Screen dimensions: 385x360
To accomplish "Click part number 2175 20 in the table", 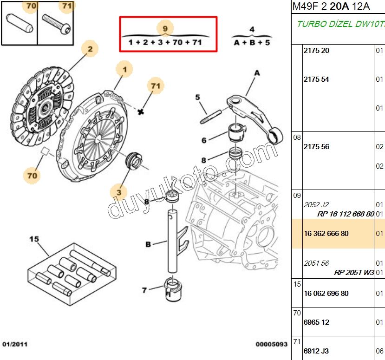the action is click(x=316, y=51).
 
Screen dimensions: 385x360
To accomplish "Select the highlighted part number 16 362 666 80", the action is click(x=326, y=233).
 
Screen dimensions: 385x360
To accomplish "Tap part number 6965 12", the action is click(x=316, y=322).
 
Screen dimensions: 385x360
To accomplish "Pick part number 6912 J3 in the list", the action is click(x=316, y=351).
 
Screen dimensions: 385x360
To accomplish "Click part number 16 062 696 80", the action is click(x=326, y=293).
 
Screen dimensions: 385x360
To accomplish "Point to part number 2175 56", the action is click(x=316, y=147).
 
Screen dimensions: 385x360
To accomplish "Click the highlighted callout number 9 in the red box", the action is click(x=165, y=28).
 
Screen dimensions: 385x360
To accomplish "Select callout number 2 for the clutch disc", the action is click(x=90, y=49).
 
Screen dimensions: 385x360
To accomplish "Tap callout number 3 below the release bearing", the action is click(x=119, y=192).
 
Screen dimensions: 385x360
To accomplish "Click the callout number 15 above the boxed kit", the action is click(x=34, y=239).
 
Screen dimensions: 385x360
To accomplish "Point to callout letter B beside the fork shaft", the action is click(x=148, y=244).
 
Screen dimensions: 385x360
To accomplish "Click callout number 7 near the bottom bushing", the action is click(x=144, y=290).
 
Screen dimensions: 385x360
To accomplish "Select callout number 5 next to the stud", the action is click(x=198, y=97).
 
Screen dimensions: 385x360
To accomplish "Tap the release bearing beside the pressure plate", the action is click(x=134, y=161).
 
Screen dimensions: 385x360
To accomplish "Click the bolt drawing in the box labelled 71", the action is click(x=56, y=24).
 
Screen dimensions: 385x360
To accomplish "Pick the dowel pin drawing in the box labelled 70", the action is click(x=20, y=23).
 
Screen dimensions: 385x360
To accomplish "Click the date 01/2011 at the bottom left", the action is click(x=15, y=344).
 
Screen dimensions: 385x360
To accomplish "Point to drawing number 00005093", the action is click(x=271, y=344).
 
